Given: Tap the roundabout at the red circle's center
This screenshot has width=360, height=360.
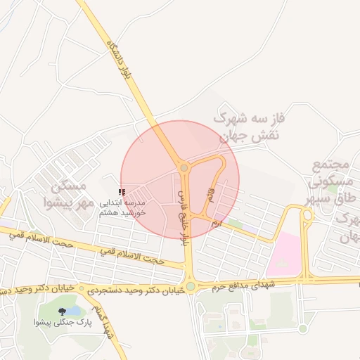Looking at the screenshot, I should click(184, 168).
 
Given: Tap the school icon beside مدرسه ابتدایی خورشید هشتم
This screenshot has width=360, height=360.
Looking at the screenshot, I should click(122, 191).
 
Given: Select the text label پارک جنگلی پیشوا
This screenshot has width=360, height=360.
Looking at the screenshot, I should click(61, 323).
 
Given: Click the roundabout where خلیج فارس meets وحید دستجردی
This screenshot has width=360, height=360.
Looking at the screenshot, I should click(190, 287).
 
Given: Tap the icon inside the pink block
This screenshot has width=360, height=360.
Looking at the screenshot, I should click(283, 264).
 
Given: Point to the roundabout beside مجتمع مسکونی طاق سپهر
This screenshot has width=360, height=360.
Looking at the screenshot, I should click(307, 217).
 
